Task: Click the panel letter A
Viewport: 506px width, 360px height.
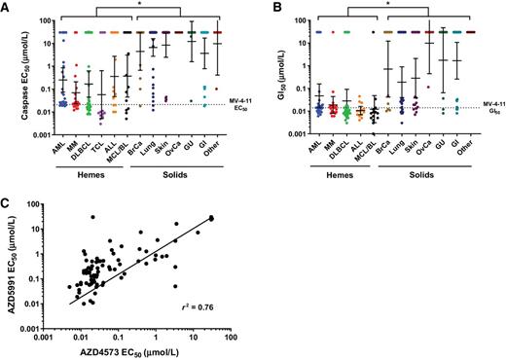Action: pyautogui.click(x=6, y=7)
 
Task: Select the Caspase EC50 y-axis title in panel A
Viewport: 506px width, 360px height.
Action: pyautogui.click(x=10, y=83)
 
